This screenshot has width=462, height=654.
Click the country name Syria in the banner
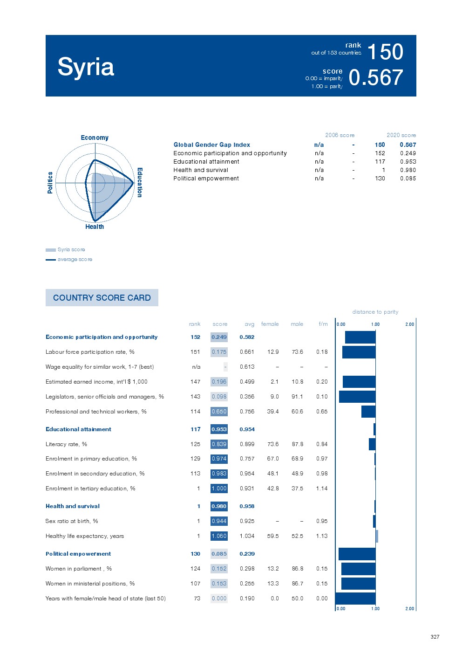pyautogui.click(x=86, y=67)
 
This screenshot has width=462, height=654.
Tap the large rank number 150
pyautogui.click(x=385, y=52)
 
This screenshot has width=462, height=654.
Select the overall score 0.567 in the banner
pyautogui.click(x=375, y=78)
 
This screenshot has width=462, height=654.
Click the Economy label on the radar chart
pyautogui.click(x=95, y=138)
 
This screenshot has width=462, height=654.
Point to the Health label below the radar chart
pyautogui.click(x=95, y=227)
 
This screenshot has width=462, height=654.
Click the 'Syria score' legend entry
pyautogui.click(x=71, y=249)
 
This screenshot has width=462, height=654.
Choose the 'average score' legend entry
pyautogui.click(x=75, y=259)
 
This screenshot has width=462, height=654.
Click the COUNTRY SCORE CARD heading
pyautogui.click(x=102, y=298)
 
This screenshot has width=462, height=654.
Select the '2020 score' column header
pyautogui.click(x=401, y=135)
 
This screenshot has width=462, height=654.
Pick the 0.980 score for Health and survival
pyautogui.click(x=219, y=506)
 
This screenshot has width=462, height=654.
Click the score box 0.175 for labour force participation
pyautogui.click(x=219, y=352)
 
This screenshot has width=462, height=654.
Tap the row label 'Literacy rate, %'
pyautogui.click(x=66, y=444)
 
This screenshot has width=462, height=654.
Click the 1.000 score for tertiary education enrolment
pyautogui.click(x=219, y=489)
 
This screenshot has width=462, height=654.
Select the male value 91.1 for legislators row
pyautogui.click(x=297, y=397)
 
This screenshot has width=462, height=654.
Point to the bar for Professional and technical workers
pyautogui.click(x=368, y=412)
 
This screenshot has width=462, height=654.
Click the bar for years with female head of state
pyautogui.click(x=355, y=599)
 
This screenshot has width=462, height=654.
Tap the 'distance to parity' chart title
pyautogui.click(x=375, y=312)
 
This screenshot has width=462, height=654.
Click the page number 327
pyautogui.click(x=435, y=637)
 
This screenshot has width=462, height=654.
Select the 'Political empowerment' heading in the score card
pyautogui.click(x=78, y=554)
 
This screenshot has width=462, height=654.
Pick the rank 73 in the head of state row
pyautogui.click(x=197, y=599)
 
